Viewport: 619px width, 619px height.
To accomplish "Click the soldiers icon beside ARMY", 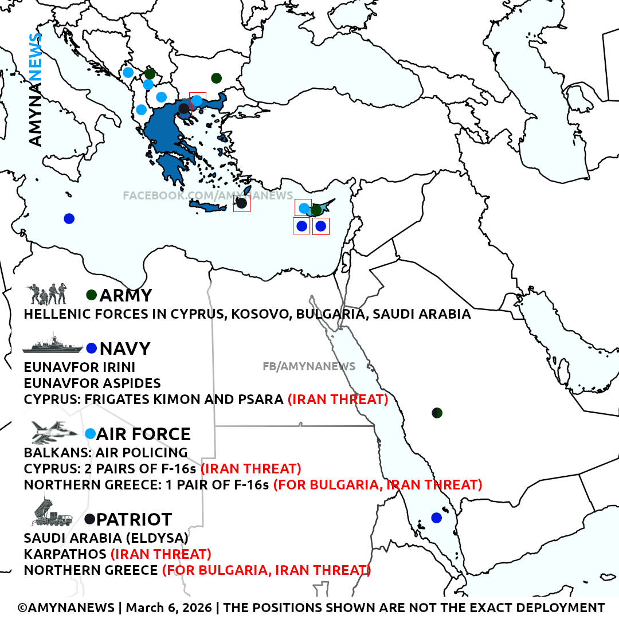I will click(48, 294).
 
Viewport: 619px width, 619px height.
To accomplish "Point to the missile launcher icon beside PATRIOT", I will click(52, 512).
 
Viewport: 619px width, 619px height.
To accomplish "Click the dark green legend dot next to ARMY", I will click(91, 295).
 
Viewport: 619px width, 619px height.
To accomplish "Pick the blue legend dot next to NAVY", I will click(91, 348).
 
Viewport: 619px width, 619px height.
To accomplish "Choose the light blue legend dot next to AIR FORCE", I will click(90, 434).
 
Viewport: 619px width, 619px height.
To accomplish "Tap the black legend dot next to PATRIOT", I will click(90, 519).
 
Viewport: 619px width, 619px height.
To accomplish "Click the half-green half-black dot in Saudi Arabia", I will click(437, 413).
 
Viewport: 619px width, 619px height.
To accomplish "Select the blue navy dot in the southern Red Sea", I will click(437, 518).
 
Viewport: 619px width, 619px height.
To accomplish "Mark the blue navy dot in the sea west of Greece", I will click(69, 218).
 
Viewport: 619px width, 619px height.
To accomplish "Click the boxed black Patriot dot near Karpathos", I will click(242, 203).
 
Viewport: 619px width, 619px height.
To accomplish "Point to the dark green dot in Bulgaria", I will click(216, 78).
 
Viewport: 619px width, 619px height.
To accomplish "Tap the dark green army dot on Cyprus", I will click(316, 210).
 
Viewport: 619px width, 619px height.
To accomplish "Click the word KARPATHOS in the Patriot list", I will click(65, 554).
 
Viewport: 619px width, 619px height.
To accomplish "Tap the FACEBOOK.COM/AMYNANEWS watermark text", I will click(207, 196).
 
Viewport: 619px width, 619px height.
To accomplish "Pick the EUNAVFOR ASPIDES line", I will click(92, 383).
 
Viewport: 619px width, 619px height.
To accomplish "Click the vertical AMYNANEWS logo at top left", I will click(36, 89).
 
